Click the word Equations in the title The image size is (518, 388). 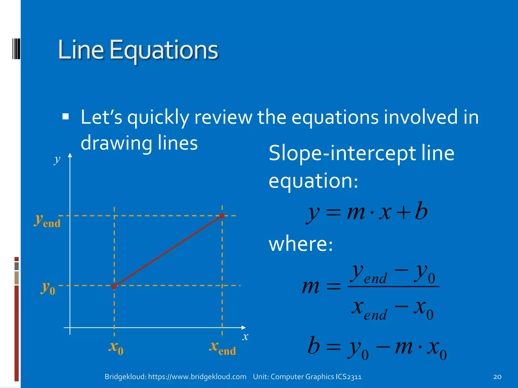click(164, 51)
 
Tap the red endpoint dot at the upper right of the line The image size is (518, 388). click(222, 216)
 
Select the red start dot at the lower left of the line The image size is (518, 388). click(114, 286)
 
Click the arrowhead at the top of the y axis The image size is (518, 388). click(70, 155)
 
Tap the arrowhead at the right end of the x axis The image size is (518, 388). click(244, 328)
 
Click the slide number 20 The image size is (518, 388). click(497, 377)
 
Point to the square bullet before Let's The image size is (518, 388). click(66, 116)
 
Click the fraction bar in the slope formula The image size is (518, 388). click(393, 286)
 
